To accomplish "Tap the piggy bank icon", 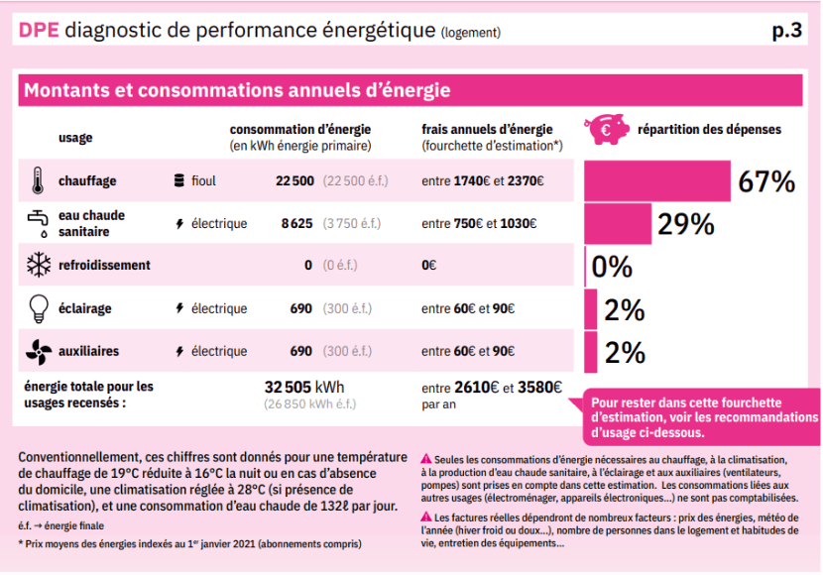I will click(606, 129).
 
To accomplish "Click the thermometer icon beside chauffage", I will click(38, 180).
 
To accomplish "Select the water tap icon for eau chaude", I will click(38, 223).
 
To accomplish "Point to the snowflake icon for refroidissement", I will click(38, 266).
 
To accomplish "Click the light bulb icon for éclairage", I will click(38, 308).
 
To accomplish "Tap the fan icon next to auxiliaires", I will click(38, 351).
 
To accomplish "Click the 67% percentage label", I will click(766, 181).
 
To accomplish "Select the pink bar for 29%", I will click(617, 223).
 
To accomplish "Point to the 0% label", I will click(612, 267).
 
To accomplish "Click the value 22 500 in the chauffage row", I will click(294, 181).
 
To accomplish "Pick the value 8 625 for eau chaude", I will click(297, 224).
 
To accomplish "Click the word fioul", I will click(203, 181).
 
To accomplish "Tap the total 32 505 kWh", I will click(304, 387).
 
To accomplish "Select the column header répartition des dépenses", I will click(709, 129).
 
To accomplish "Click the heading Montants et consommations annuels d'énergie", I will click(237, 90).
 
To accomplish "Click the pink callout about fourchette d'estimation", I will click(701, 417).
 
